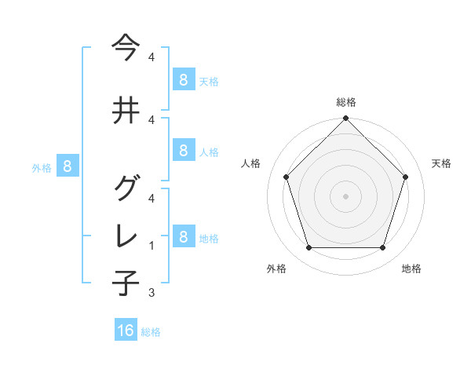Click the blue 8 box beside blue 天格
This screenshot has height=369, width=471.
click(x=183, y=79)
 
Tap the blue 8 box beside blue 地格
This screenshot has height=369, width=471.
click(x=183, y=236)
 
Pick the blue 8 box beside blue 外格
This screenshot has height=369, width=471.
click(x=68, y=166)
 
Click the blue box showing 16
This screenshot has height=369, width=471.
click(x=126, y=331)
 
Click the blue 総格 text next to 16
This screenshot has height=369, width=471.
click(x=151, y=332)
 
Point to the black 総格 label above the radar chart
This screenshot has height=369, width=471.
click(x=346, y=102)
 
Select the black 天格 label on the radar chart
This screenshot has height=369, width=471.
click(x=442, y=163)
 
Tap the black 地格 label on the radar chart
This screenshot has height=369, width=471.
click(x=411, y=269)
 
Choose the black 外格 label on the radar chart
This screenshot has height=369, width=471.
click(x=276, y=269)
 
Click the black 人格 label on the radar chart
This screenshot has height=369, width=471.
click(x=251, y=163)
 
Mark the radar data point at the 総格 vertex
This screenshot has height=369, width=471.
click(x=345, y=119)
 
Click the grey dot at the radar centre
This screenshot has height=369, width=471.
click(x=345, y=195)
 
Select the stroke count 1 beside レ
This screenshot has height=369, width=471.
click(x=152, y=246)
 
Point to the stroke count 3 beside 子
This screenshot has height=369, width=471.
click(x=152, y=293)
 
